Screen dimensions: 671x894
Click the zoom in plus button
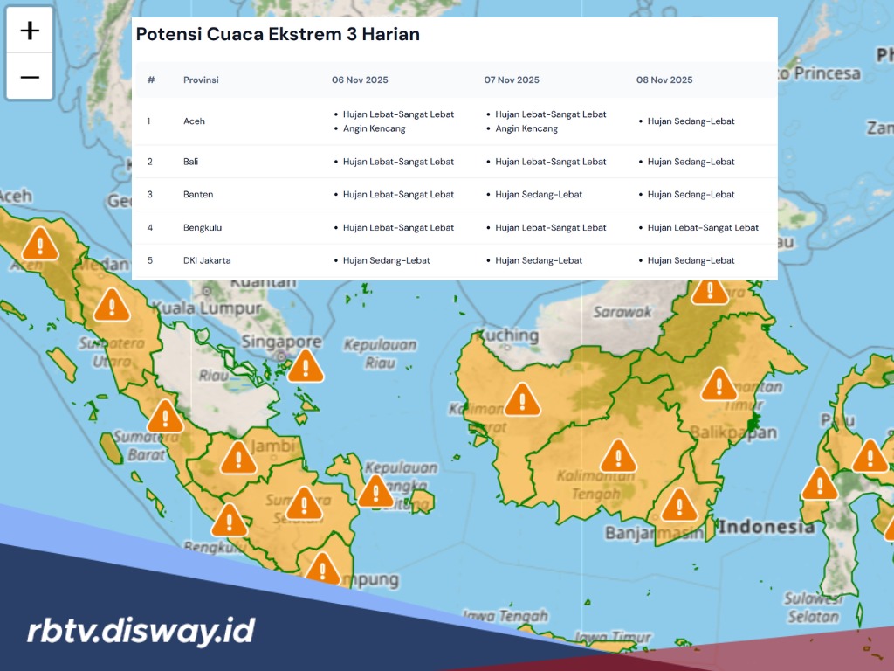[30, 31]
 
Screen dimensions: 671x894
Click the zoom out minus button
[30, 77]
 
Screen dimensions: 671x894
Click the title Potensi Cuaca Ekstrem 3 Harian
[278, 35]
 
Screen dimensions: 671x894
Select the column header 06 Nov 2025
[360, 80]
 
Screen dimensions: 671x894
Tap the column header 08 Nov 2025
[664, 80]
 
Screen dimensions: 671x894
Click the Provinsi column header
[201, 80]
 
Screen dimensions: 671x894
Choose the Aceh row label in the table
[194, 121]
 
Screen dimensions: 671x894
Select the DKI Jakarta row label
[207, 260]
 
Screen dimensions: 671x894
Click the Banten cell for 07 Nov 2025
[539, 195]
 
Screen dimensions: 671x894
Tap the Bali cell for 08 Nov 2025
[691, 162]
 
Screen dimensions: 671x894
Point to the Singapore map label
[270, 342]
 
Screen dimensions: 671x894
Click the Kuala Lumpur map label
[206, 308]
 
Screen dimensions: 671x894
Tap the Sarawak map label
[622, 311]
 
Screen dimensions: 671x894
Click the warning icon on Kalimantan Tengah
[618, 456]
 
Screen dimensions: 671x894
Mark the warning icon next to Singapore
[306, 366]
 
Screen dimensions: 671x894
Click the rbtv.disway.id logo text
[140, 630]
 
